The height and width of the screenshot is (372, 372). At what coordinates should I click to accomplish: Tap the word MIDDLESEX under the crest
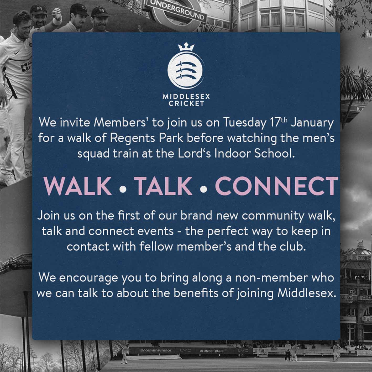click(186, 97)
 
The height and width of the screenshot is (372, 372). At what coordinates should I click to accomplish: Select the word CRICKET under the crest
click(186, 104)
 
